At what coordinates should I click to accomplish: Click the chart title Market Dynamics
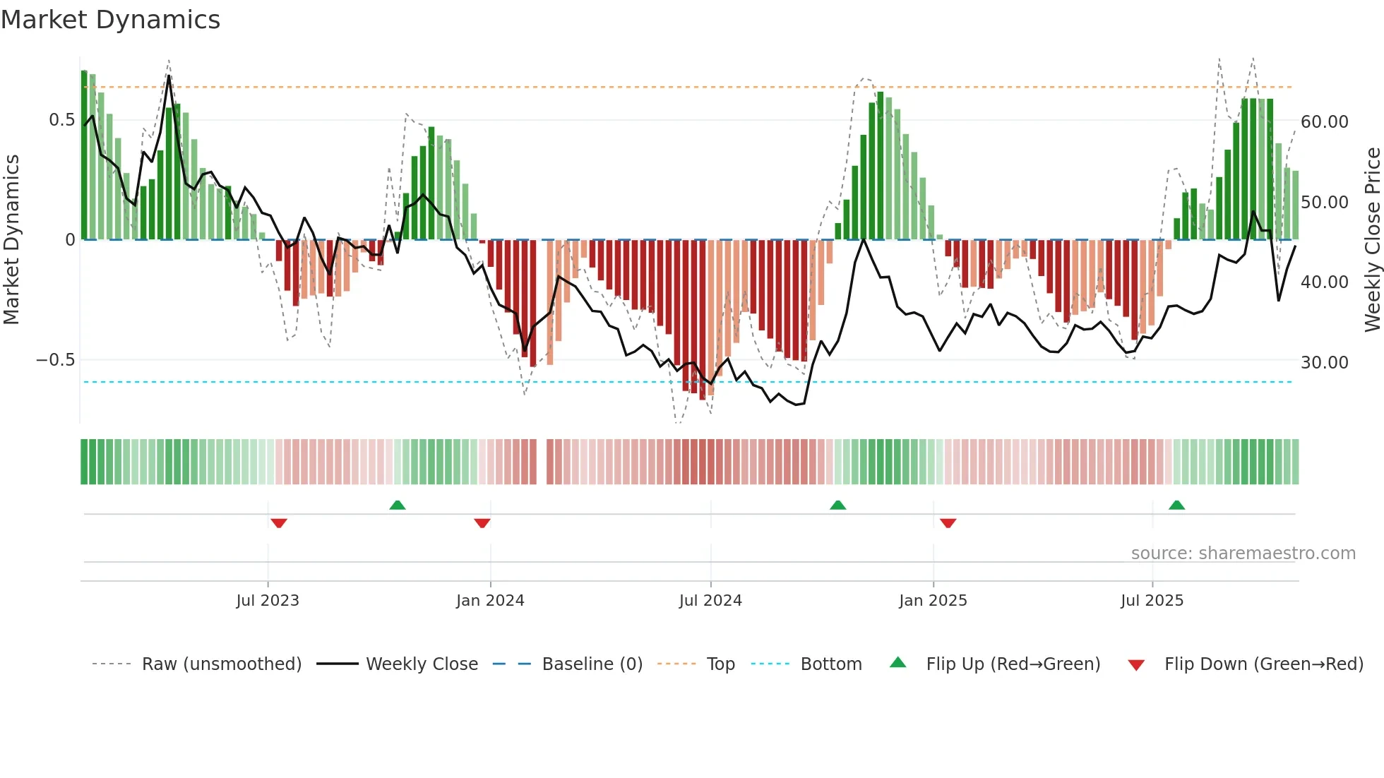pyautogui.click(x=110, y=20)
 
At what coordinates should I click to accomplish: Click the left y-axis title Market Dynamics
pyautogui.click(x=11, y=240)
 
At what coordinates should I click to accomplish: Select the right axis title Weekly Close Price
pyautogui.click(x=1372, y=240)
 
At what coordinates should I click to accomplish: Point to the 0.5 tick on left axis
pyautogui.click(x=61, y=120)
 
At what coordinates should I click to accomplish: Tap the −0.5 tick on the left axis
pyautogui.click(x=55, y=360)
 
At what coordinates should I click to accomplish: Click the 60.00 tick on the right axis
pyautogui.click(x=1324, y=122)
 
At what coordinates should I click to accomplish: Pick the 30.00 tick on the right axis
pyautogui.click(x=1324, y=363)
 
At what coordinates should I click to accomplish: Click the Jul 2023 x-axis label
pyautogui.click(x=268, y=601)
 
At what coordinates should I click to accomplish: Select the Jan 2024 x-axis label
pyautogui.click(x=490, y=601)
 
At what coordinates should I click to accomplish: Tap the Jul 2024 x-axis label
pyautogui.click(x=710, y=601)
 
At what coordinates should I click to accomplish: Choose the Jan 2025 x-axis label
pyautogui.click(x=933, y=601)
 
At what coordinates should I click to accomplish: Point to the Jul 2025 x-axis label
pyautogui.click(x=1152, y=601)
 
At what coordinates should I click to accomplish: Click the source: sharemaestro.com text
pyautogui.click(x=1243, y=553)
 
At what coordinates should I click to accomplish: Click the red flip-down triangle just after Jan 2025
pyautogui.click(x=948, y=523)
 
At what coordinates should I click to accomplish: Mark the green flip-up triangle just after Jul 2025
pyautogui.click(x=1176, y=505)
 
